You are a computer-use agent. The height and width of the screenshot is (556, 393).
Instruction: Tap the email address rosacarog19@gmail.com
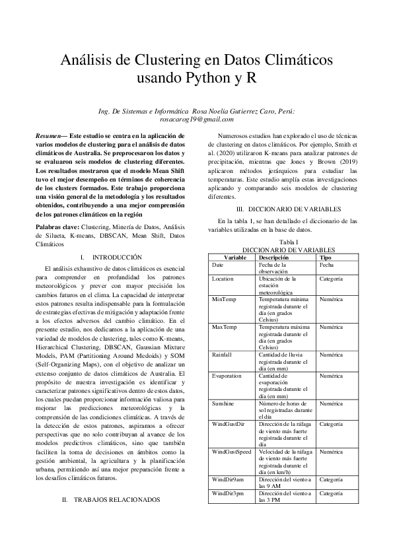[196, 120]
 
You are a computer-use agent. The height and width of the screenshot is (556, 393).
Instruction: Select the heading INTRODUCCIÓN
[118, 256]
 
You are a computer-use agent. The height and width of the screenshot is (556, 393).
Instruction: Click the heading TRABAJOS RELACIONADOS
[116, 500]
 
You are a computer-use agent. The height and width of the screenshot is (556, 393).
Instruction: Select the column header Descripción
[273, 257]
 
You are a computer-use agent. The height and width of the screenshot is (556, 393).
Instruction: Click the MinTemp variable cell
[222, 299]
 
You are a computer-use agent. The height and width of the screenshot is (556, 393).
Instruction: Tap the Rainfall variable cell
[222, 355]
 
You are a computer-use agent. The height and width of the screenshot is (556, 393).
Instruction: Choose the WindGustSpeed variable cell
[231, 452]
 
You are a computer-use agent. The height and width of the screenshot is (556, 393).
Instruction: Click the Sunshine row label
[223, 403]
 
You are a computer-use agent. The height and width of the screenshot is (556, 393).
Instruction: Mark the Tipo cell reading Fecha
[326, 264]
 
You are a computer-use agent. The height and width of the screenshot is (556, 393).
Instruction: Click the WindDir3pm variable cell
[227, 493]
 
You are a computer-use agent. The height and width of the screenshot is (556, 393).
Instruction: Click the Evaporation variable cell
[226, 375]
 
